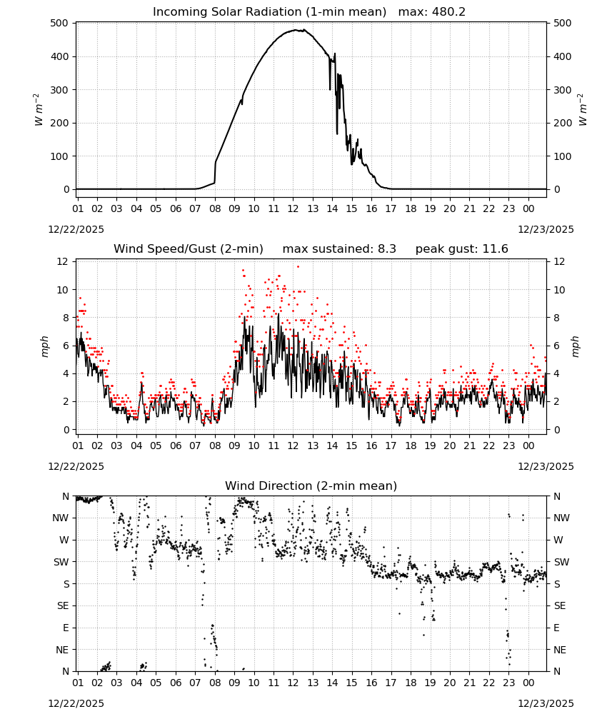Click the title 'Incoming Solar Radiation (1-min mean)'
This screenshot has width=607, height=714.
[269, 12]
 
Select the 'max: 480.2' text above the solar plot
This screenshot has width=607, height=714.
[432, 12]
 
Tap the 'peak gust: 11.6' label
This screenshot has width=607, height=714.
[462, 248]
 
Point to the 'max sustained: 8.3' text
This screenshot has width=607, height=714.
[339, 248]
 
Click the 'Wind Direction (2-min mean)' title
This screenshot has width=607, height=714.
[311, 486]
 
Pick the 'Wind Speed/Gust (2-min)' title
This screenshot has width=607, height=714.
[189, 248]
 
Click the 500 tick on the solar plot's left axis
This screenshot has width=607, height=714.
[60, 24]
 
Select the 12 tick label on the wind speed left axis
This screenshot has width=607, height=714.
[63, 261]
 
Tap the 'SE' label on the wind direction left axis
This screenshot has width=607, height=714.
[64, 605]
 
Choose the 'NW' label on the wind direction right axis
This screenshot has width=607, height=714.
[561, 518]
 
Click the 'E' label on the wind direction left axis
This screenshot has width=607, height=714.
[66, 628]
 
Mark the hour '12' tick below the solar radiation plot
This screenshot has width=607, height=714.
[294, 208]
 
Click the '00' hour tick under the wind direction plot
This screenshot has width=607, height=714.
[528, 683]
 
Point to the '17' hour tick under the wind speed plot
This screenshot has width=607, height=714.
[391, 446]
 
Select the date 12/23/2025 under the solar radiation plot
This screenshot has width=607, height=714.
[546, 229]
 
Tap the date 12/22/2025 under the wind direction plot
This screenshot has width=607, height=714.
[76, 703]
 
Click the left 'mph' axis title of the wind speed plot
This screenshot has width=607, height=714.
[44, 346]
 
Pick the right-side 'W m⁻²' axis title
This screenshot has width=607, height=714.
[583, 110]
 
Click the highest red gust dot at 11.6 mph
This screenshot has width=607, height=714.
[299, 267]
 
